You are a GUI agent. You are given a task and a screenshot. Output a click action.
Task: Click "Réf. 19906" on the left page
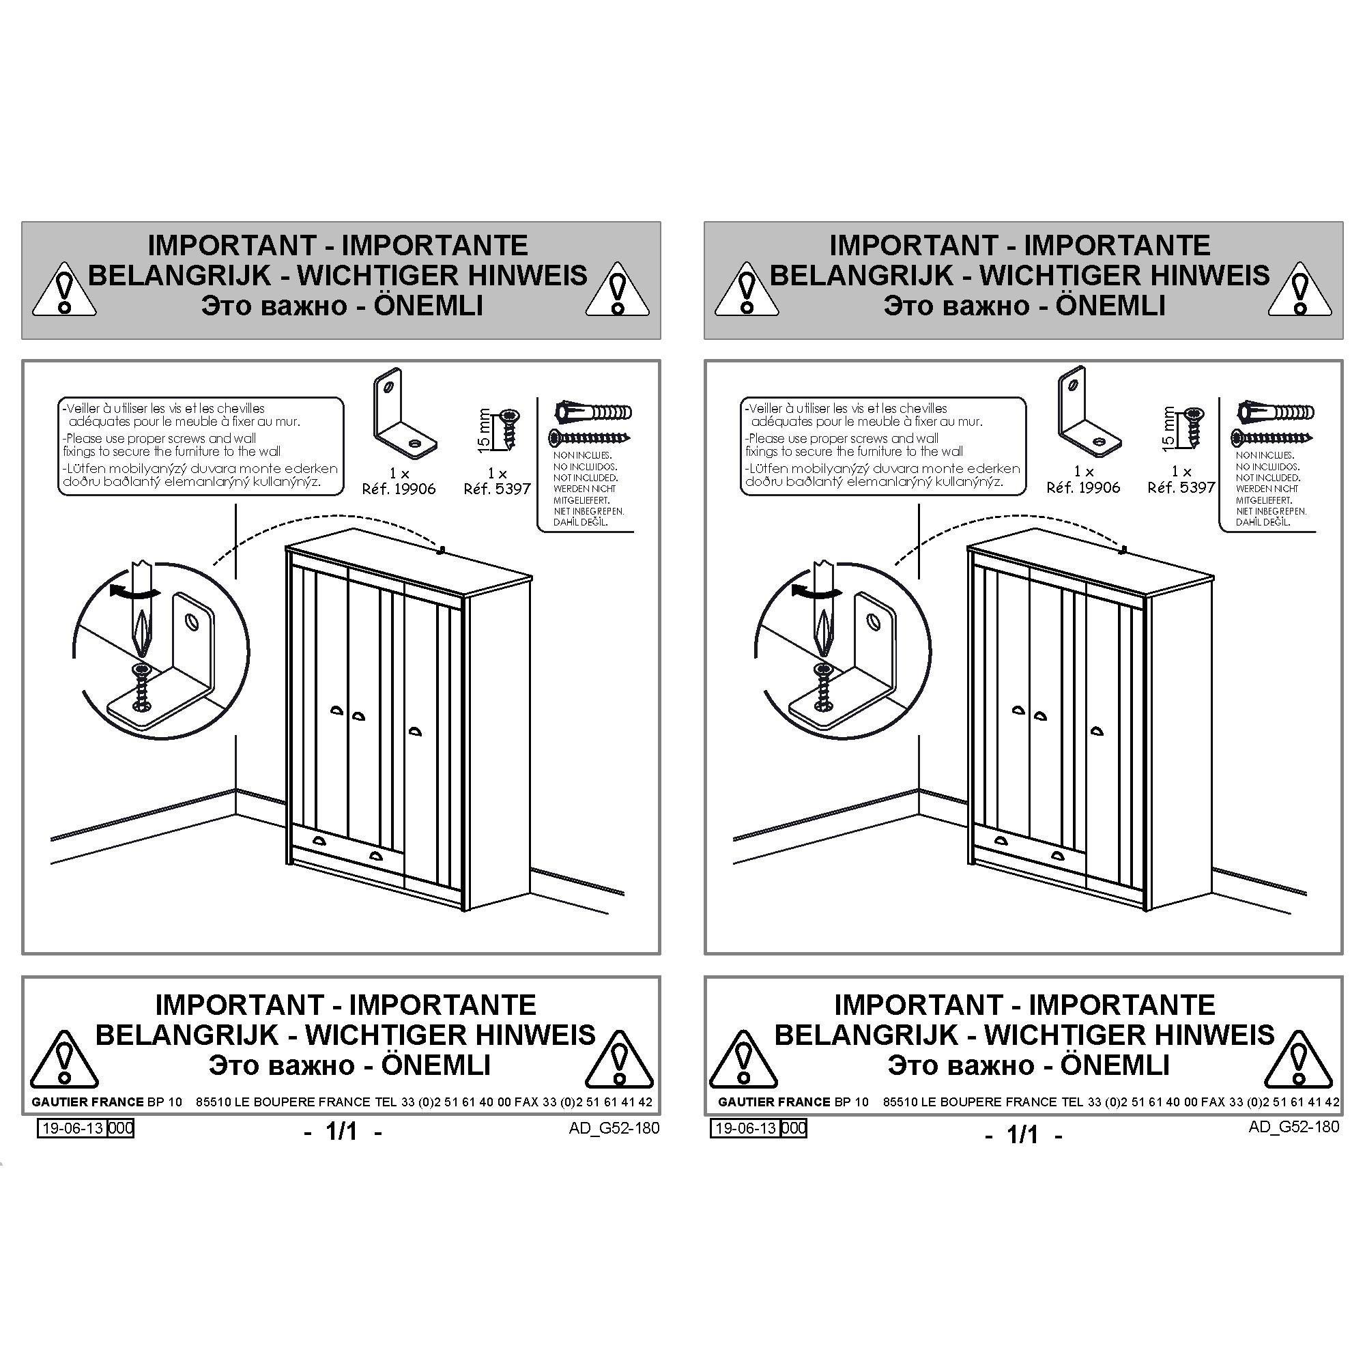[x=399, y=489]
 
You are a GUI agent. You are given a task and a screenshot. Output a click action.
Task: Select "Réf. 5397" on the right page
[x=1181, y=487]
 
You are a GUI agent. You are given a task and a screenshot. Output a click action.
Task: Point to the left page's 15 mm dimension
[x=484, y=429]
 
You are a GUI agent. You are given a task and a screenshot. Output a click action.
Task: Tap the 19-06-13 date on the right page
[x=746, y=1128]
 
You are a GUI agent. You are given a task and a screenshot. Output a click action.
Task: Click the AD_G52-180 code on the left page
[x=614, y=1127]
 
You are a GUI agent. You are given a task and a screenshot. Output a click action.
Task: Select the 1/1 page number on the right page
[x=1023, y=1135]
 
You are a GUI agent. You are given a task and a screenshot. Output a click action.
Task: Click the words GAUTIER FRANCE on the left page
[x=87, y=1102]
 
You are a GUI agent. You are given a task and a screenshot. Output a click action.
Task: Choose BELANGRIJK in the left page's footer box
[x=187, y=1035]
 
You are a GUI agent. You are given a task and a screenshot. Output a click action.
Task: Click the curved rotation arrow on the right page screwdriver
[x=816, y=590]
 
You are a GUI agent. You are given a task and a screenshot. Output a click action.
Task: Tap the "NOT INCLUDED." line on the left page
[x=585, y=478]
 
